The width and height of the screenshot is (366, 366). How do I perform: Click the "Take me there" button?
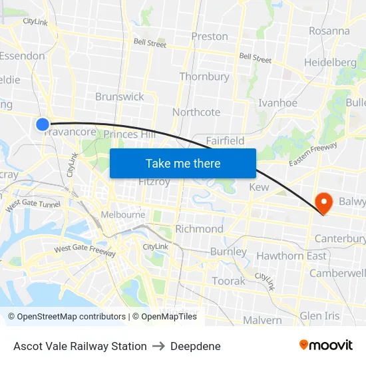click(x=183, y=163)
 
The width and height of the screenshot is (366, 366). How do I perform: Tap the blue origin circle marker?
click(x=43, y=124)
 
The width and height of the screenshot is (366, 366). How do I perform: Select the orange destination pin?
click(x=324, y=202)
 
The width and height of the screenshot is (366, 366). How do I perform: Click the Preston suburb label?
click(x=210, y=37)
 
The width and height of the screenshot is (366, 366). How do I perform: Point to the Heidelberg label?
click(x=330, y=63)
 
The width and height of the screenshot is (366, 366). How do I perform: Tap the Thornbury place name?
click(x=204, y=77)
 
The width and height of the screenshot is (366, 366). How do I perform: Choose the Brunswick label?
click(x=120, y=96)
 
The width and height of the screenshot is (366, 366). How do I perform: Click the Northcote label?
click(x=196, y=112)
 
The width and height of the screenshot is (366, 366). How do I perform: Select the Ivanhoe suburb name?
click(x=277, y=103)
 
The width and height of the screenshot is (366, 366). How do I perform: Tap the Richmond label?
click(x=199, y=229)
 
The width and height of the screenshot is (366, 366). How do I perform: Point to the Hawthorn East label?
click(x=291, y=256)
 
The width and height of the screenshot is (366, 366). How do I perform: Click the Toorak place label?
click(x=228, y=281)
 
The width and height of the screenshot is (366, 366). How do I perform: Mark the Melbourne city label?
click(x=123, y=215)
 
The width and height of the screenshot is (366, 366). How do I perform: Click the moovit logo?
click(x=326, y=345)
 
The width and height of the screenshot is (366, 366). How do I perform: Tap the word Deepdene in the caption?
click(x=196, y=346)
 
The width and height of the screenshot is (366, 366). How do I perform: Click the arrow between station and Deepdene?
click(x=158, y=346)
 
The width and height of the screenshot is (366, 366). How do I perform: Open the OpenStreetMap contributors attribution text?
click(x=67, y=317)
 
